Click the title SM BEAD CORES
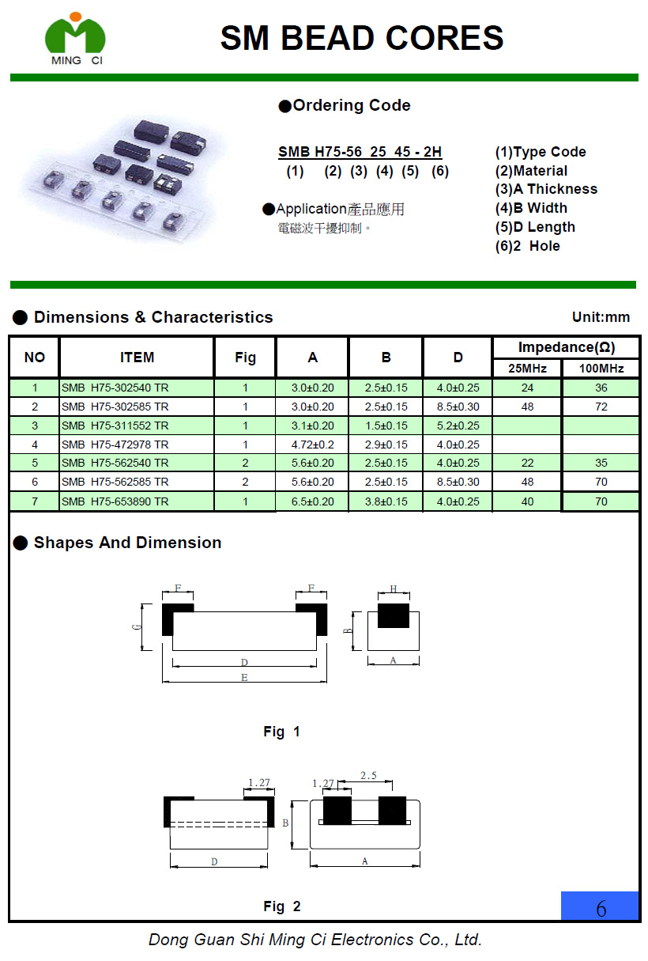click(x=362, y=38)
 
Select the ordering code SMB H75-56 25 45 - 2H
click(x=360, y=152)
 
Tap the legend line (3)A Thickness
click(x=546, y=189)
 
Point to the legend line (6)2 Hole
click(x=527, y=246)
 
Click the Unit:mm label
click(x=601, y=317)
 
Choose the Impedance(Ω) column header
click(x=566, y=347)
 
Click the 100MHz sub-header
click(x=601, y=369)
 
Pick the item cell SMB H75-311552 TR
click(x=115, y=426)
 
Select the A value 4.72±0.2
click(x=312, y=445)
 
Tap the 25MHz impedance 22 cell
click(x=527, y=463)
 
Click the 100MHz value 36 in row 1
click(x=601, y=388)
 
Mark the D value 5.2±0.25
click(x=458, y=426)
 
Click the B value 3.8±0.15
click(x=386, y=501)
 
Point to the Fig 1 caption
click(x=281, y=732)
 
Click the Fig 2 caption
click(x=281, y=906)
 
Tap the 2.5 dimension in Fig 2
click(x=367, y=776)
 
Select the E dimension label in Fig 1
click(x=244, y=678)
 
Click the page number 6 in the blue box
click(x=601, y=908)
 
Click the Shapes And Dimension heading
click(x=127, y=543)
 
